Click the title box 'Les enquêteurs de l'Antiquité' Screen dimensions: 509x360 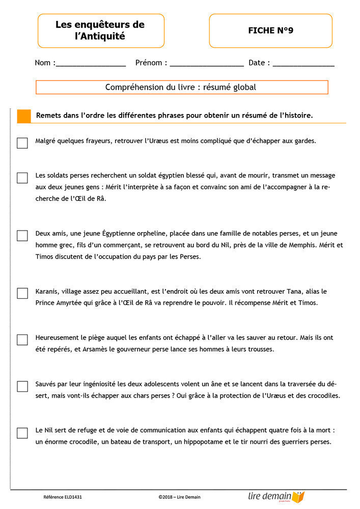100,31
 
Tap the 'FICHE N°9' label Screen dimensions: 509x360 270,31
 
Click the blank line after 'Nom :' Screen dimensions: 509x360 90,64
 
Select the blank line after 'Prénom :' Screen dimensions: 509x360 206,64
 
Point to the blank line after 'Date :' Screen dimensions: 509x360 303,64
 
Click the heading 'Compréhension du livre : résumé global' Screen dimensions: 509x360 181,87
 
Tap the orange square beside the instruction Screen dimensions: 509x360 24,116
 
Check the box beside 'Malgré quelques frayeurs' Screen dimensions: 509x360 22,143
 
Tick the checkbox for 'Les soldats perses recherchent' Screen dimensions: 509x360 22,178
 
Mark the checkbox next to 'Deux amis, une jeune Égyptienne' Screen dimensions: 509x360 22,236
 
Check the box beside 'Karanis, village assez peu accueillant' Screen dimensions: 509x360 22,293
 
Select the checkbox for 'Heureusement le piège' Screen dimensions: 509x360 22,340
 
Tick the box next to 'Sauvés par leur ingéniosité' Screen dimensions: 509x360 22,386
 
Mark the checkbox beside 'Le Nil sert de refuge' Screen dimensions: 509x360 22,433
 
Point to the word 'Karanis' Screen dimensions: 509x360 47,292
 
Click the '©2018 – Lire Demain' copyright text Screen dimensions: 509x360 183,497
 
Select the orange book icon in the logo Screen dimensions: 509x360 298,497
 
